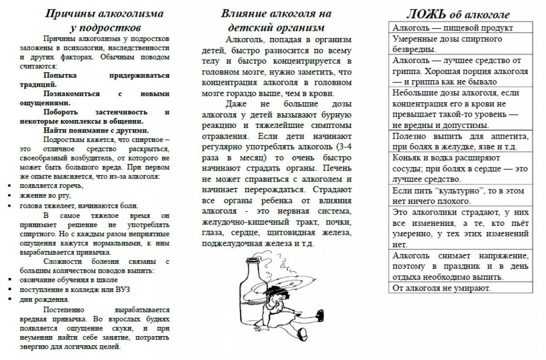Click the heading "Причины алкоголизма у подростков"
click(104, 19)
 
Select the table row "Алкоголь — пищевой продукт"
click(453, 28)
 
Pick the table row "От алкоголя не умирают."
click(441, 288)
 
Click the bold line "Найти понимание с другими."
click(96, 130)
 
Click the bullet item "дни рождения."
click(45, 300)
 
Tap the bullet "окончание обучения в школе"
click(62, 280)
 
